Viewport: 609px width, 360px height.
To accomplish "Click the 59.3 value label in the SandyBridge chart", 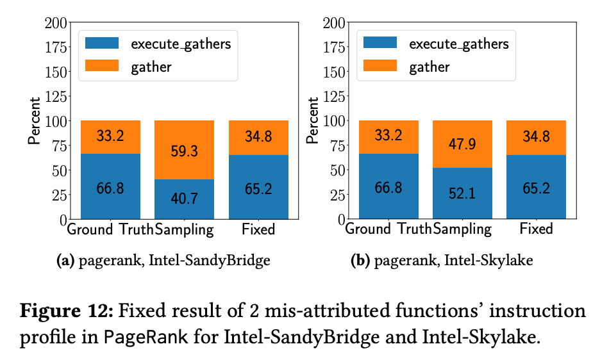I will coord(184,152).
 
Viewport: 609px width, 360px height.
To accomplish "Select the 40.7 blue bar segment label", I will coord(184,198).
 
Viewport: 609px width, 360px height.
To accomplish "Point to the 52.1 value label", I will coord(462,193).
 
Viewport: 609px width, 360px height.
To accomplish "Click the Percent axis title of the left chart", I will coord(34,120).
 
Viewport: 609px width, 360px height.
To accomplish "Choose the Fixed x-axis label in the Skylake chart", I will coord(536,229).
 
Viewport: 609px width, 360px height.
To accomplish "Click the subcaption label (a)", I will coord(66,261).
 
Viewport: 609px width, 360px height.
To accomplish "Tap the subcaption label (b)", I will coord(362,261).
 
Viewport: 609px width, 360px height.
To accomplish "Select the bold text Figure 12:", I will coord(66,312).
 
